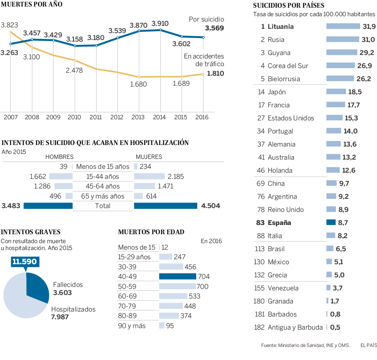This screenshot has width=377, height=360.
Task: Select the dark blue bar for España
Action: [x=331, y=223]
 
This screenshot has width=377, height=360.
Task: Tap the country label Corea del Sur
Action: [x=288, y=66]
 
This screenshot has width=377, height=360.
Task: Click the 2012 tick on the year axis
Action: [x=117, y=117]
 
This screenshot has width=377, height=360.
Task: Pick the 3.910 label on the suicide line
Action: [x=160, y=23]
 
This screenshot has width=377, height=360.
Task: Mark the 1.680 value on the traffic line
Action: [x=138, y=84]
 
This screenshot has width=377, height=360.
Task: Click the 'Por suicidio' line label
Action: [x=206, y=20]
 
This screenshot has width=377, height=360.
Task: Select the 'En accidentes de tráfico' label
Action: [x=204, y=60]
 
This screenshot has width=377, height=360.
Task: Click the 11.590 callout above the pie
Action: [x=24, y=262]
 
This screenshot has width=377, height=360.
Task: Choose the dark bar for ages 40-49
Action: [x=177, y=276]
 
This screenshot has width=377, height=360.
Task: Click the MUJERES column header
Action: [x=149, y=157]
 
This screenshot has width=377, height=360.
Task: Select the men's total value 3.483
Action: [x=11, y=206]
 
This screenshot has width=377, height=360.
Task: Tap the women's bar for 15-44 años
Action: [x=149, y=177]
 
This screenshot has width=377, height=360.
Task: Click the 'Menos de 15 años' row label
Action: [x=103, y=167]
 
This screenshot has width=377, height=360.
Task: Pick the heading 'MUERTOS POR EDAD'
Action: [x=151, y=232]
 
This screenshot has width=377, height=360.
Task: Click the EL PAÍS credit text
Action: [x=368, y=345]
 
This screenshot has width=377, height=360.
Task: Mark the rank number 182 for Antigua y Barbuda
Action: [x=259, y=327]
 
